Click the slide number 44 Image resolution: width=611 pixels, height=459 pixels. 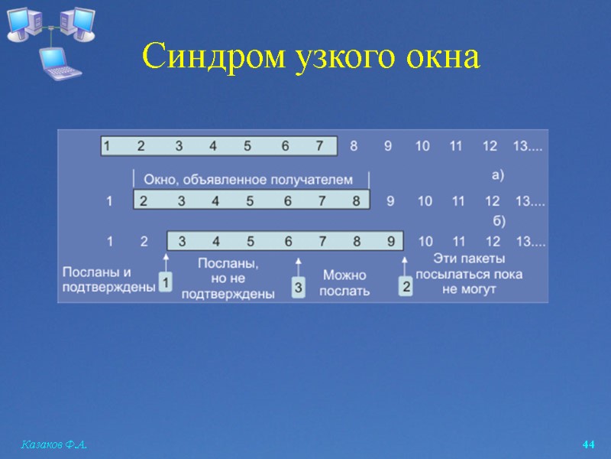coord(588,444)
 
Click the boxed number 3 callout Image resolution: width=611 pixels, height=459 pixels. coord(299,288)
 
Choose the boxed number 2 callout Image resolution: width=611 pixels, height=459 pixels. coord(406,287)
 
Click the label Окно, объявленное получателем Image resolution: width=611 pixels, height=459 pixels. coord(249,180)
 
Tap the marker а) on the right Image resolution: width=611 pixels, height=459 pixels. coord(497,174)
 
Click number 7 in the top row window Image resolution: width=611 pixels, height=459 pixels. coord(319,145)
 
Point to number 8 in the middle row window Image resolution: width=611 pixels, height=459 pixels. coord(356,201)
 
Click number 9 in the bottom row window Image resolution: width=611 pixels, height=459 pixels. coord(390,242)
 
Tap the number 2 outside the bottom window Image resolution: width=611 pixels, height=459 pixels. coord(144,242)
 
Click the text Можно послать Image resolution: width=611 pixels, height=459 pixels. coord(344,283)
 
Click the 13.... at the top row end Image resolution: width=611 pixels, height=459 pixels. coord(529,145)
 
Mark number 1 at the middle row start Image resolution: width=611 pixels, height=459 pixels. coord(109,201)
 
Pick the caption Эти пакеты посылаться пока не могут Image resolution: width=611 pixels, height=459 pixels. coord(469,275)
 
